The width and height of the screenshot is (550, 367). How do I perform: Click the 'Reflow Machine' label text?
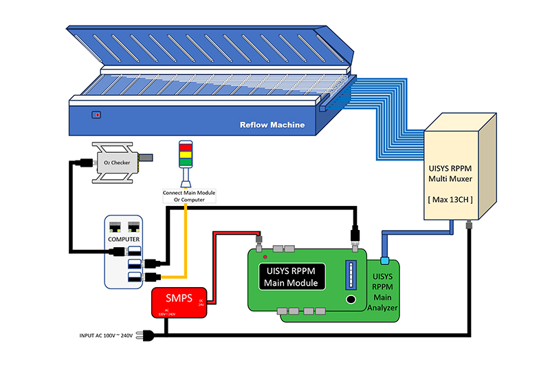pos(272,125)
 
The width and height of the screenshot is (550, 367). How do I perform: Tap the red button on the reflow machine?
pos(97,115)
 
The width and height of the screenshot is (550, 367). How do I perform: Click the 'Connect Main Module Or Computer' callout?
pos(189,195)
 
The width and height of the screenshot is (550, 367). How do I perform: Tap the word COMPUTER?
pos(124,239)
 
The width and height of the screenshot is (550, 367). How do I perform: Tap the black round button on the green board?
pos(351,301)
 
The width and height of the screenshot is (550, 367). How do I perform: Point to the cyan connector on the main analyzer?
pos(385,260)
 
